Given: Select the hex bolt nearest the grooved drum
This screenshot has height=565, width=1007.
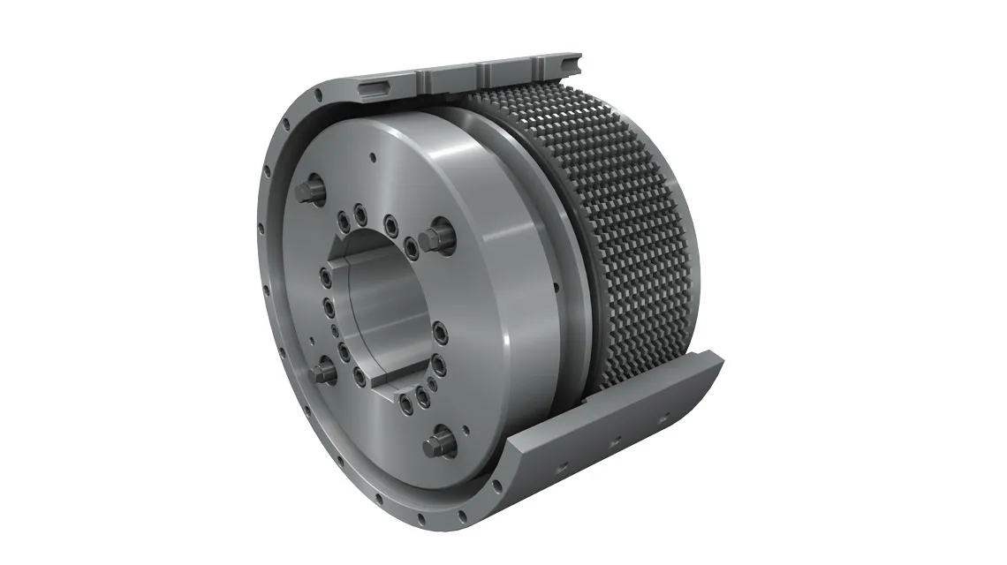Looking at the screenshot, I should point(433,236).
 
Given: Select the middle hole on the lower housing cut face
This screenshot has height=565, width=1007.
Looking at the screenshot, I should point(616,439).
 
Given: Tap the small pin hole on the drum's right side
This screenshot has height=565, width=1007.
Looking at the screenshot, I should point(555,287).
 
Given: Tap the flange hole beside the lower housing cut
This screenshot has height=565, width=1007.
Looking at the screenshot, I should point(496,485).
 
